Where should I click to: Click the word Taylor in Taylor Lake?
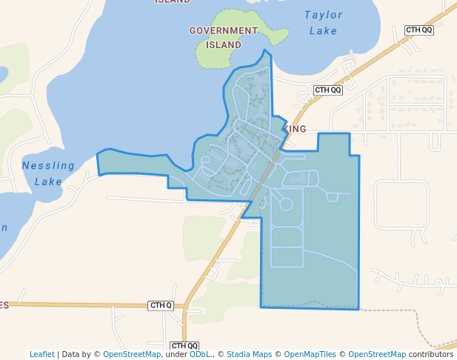click(x=324, y=15)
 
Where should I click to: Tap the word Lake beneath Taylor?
click(x=324, y=31)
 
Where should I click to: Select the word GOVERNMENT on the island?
click(x=223, y=31)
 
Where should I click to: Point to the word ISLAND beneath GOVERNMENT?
click(x=223, y=44)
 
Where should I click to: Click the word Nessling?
click(x=48, y=165)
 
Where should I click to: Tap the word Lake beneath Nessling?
click(x=48, y=181)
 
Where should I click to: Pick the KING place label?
click(x=295, y=129)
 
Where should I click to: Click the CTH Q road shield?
click(x=161, y=305)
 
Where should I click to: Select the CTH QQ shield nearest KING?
click(x=328, y=90)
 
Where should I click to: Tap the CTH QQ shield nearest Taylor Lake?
click(x=419, y=30)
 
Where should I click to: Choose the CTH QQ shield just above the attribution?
click(x=184, y=345)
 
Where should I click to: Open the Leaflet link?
click(x=41, y=354)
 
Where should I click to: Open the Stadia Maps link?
click(x=249, y=354)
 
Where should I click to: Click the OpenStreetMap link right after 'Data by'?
click(x=131, y=354)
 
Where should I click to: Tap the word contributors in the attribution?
click(x=431, y=354)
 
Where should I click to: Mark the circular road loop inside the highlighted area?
click(x=286, y=204)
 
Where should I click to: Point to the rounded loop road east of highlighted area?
click(x=401, y=204)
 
